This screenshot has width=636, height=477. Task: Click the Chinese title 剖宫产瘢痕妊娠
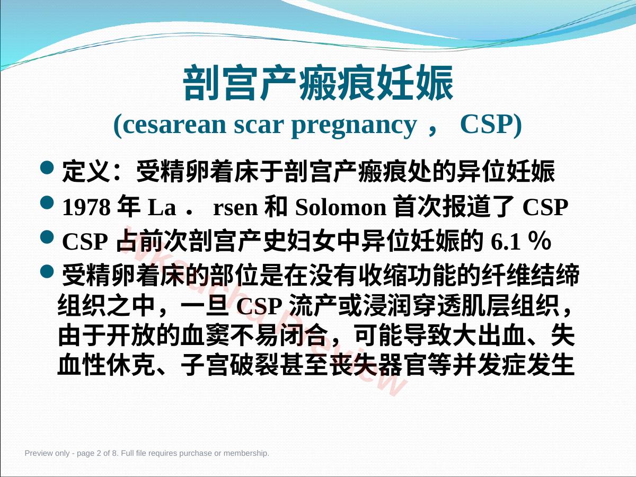point(318,83)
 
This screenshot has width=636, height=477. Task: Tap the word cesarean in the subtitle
point(174,125)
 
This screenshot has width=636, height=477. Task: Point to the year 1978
point(86,207)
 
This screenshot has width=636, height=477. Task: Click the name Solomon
point(341,207)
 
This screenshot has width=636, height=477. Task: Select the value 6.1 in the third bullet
point(506,242)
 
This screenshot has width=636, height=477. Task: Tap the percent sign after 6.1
point(540,241)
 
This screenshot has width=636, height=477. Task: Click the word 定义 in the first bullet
point(86,172)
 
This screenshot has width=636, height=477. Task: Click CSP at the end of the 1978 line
point(545,207)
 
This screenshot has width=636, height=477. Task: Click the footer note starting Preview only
point(147,453)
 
